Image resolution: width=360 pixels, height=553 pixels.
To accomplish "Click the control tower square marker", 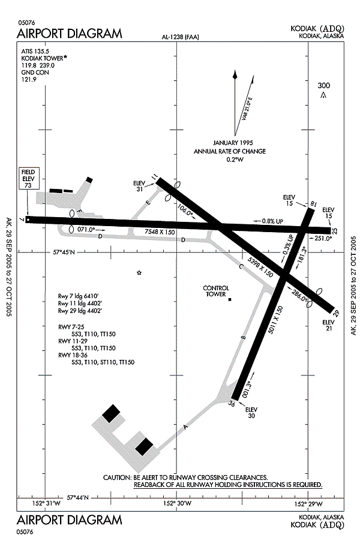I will [230, 299].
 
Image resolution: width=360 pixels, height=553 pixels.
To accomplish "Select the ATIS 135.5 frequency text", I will [34, 52].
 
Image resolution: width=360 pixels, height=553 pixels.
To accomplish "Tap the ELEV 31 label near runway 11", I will [139, 187].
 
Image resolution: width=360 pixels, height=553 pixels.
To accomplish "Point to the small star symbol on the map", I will [139, 273].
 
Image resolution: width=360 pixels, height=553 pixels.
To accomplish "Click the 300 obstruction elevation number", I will [323, 86].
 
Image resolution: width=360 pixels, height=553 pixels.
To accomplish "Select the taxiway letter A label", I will [185, 428].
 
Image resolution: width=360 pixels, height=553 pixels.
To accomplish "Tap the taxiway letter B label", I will [242, 338].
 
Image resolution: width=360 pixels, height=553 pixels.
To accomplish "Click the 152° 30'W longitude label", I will [178, 503].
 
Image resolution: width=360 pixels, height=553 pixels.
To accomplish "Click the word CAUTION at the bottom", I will [117, 477].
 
